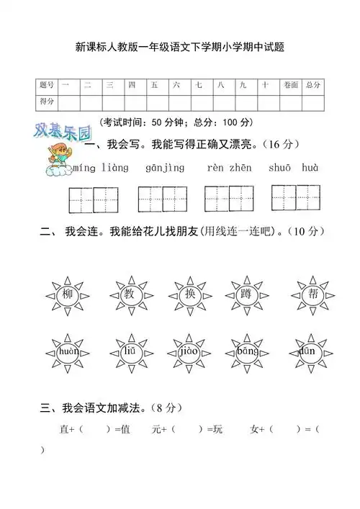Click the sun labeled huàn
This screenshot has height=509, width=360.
click(x=68, y=351)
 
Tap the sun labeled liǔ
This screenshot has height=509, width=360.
click(x=130, y=351)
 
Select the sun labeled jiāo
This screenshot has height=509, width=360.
click(x=189, y=351)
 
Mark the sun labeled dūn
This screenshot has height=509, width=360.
click(x=307, y=351)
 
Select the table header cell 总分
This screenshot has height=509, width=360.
click(x=313, y=86)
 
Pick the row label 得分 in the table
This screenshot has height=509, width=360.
click(x=47, y=102)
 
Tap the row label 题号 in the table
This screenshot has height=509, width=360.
click(x=47, y=86)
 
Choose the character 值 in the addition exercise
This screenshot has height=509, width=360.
click(x=125, y=430)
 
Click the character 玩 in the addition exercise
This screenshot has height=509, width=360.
click(x=218, y=430)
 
